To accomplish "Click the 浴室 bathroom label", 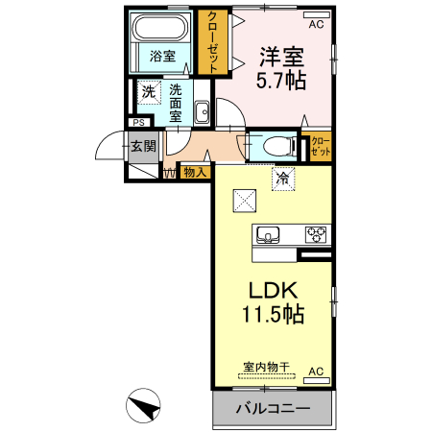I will coord(162,56).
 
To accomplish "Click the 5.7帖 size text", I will coord(281,82).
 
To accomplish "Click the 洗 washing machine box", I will coord(149,92).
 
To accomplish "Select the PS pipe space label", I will coord(138,123).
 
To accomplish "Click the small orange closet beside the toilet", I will coord(319,147).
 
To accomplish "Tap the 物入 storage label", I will coord(195,173).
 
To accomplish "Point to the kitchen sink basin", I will coord(268,234).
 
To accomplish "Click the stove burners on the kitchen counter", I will coord(316,233).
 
